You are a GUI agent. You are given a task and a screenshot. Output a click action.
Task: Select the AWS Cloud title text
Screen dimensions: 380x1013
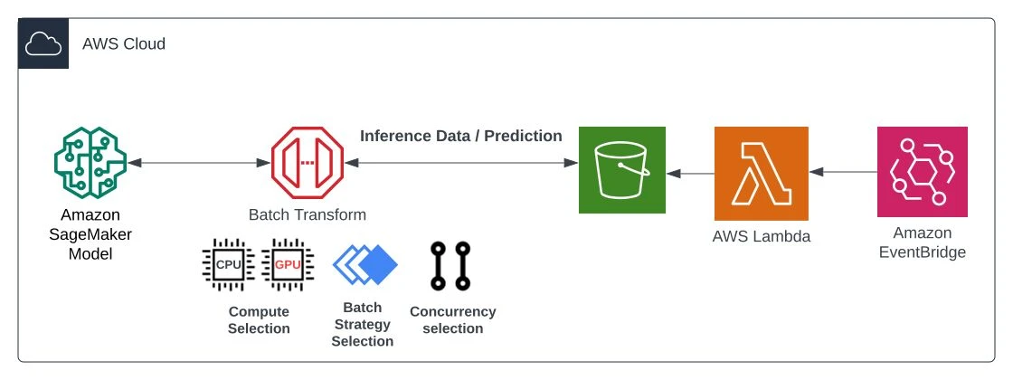click(124, 43)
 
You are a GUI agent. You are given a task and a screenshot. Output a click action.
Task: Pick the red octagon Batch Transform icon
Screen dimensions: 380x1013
click(308, 163)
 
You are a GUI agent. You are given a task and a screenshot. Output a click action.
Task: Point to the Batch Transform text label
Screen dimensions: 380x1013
click(308, 214)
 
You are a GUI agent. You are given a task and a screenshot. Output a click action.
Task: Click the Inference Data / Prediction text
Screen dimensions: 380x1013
click(461, 136)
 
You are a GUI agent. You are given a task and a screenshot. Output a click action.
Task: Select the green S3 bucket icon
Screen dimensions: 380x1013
click(622, 172)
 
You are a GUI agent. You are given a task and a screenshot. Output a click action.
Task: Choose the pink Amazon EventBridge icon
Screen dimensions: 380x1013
click(923, 172)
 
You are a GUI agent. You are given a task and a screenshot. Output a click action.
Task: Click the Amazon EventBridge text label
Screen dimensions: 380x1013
click(923, 243)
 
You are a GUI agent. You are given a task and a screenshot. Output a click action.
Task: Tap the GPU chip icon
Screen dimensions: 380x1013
click(286, 264)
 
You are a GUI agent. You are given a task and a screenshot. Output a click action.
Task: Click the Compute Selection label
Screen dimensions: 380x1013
click(259, 319)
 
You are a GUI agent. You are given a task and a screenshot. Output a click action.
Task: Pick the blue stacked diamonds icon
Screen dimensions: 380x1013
click(364, 265)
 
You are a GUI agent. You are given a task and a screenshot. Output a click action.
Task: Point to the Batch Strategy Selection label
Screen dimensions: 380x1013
click(362, 324)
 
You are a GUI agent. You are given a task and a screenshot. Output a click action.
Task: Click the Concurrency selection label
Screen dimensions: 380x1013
click(452, 319)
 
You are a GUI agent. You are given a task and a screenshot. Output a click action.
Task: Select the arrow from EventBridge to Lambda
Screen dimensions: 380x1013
click(843, 172)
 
